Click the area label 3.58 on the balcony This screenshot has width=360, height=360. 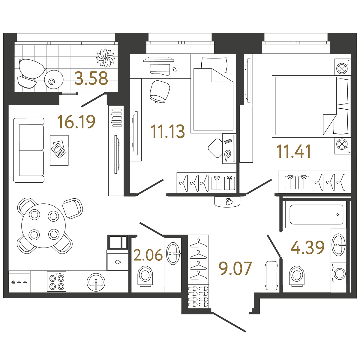point(91,78)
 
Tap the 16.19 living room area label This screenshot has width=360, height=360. point(76,122)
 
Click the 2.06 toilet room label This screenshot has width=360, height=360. point(148,255)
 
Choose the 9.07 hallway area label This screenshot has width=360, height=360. point(235,268)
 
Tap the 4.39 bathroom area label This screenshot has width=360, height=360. point(307,247)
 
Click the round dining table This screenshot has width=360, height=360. point(43,226)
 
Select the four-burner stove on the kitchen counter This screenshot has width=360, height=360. point(56,281)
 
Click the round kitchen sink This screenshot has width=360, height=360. point(96,282)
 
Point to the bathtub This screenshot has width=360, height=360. point(316,214)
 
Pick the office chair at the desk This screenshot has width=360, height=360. point(160,91)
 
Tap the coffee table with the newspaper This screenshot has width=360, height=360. point(59,150)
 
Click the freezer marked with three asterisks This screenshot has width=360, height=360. point(19,281)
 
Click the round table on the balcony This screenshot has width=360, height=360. point(54,79)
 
